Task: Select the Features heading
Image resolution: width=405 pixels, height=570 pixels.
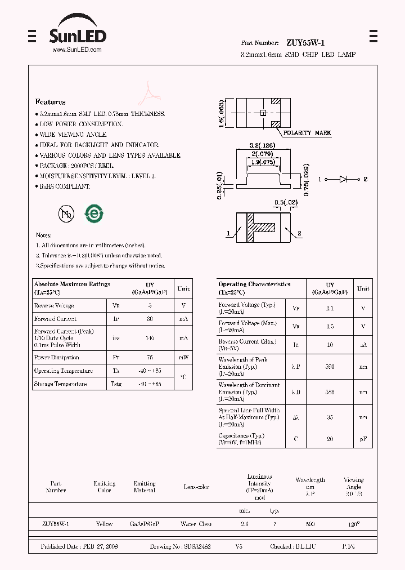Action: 51,102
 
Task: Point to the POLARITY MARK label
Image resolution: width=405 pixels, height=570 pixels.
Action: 307,133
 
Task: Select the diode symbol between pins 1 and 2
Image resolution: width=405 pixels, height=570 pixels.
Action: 343,179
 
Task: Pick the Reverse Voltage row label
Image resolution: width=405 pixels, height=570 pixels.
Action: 54,305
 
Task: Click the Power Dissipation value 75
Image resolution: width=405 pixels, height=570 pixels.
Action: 150,357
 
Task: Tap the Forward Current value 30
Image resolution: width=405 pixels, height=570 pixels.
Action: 150,319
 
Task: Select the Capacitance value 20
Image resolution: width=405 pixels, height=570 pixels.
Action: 330,439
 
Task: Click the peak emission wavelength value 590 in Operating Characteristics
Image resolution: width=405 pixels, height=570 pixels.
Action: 330,367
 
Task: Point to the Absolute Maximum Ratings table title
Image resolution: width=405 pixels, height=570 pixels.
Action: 72,284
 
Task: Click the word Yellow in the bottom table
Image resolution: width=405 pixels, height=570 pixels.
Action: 104,524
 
